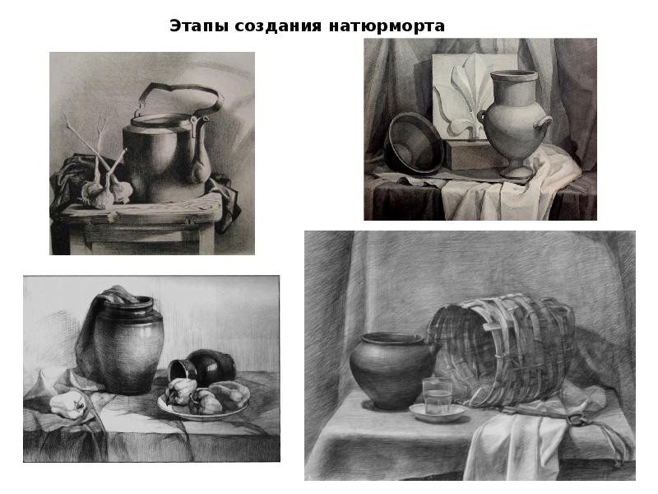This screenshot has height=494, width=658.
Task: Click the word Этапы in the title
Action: (199, 26)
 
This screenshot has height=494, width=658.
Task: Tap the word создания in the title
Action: (278, 26)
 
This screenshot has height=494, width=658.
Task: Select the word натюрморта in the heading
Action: (387, 26)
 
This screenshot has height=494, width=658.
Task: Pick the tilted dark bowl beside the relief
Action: (414, 143)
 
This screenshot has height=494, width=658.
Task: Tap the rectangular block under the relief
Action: (470, 155)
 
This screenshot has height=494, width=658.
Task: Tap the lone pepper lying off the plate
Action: (68, 404)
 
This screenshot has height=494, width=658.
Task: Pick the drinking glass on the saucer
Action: (437, 396)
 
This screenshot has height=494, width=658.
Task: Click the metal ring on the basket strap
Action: (575, 419)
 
